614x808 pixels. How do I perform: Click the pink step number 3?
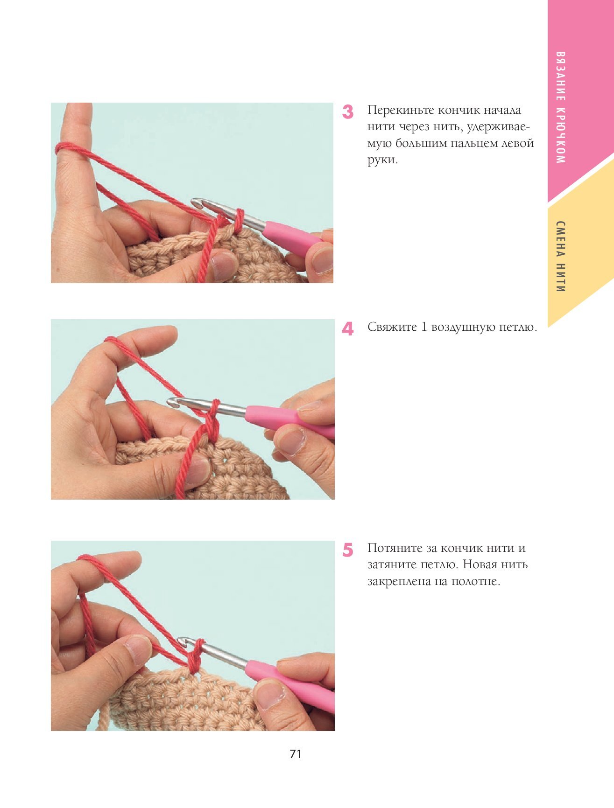348,112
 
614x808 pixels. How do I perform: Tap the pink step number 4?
348,329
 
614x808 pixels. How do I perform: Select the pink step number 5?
348,550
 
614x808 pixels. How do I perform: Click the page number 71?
296,754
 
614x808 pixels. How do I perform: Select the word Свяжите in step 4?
392,327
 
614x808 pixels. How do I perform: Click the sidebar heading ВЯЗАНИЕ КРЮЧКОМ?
561,107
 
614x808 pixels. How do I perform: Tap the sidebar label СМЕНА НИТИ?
561,257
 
